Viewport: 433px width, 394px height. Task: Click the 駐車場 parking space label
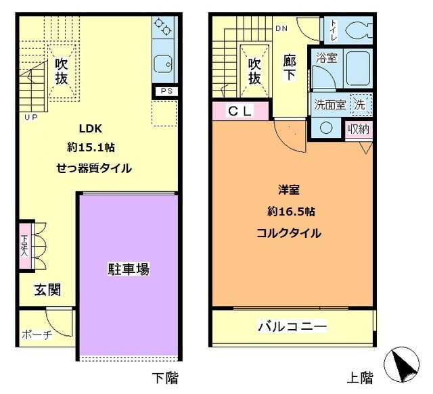pyautogui.click(x=129, y=269)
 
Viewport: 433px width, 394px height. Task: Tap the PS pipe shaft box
pyautogui.click(x=166, y=91)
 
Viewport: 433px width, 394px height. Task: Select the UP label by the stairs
pyautogui.click(x=31, y=118)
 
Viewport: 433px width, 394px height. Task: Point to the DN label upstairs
pyautogui.click(x=281, y=28)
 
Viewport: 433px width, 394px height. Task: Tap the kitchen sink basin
pyautogui.click(x=163, y=64)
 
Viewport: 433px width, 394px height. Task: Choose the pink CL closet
pyautogui.click(x=241, y=111)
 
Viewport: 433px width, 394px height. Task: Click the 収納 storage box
pyautogui.click(x=359, y=129)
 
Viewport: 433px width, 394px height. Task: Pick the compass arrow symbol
pyautogui.click(x=402, y=364)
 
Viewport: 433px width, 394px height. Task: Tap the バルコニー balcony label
pyautogui.click(x=292, y=326)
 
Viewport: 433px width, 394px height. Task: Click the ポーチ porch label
pyautogui.click(x=37, y=335)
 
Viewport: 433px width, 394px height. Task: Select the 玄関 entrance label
pyautogui.click(x=47, y=290)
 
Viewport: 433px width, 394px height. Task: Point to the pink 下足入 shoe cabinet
pyautogui.click(x=25, y=246)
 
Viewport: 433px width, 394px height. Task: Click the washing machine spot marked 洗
pyautogui.click(x=361, y=105)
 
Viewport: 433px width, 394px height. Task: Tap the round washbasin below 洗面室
pyautogui.click(x=326, y=128)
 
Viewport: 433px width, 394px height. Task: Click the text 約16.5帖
pyautogui.click(x=292, y=212)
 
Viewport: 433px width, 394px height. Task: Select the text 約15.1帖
pyautogui.click(x=91, y=147)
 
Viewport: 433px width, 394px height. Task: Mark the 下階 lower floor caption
pyautogui.click(x=165, y=378)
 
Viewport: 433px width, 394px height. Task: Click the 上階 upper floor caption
pyautogui.click(x=360, y=378)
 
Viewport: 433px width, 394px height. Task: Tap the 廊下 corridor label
pyautogui.click(x=290, y=68)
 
